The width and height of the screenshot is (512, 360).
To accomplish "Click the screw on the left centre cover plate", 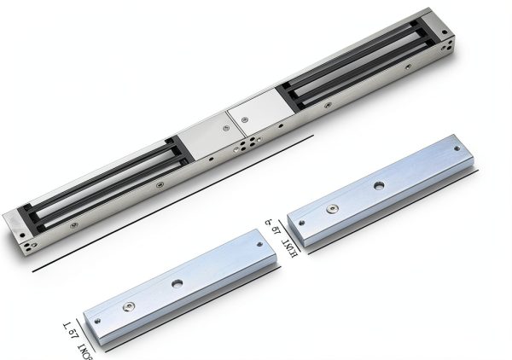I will [225, 130].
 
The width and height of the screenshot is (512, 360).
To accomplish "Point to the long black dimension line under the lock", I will [171, 203].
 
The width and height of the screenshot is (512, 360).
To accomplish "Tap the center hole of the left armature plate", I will [177, 283].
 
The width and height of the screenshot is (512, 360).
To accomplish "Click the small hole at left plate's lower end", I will [96, 322].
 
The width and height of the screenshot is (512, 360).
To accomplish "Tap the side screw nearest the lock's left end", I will [74, 225].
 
